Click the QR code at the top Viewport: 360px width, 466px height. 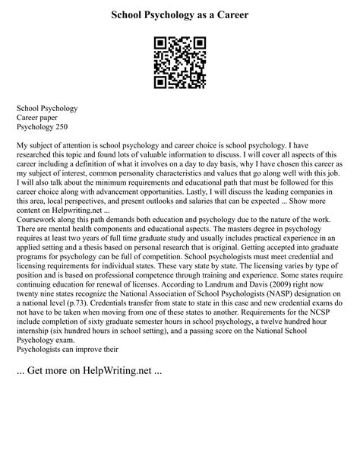point(179,61)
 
